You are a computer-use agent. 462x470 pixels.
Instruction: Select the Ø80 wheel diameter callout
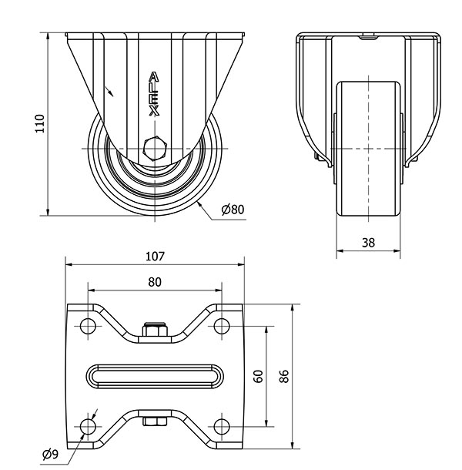[x=232, y=210]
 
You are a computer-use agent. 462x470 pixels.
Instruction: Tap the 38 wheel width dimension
[x=368, y=242]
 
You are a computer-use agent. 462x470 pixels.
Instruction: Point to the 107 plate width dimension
[x=155, y=257]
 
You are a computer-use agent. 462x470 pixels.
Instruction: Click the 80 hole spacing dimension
[x=155, y=283]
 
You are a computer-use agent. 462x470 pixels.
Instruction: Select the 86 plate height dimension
[x=284, y=375]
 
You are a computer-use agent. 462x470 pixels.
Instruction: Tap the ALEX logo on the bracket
[x=154, y=93]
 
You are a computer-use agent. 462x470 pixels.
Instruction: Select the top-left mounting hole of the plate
[x=88, y=324]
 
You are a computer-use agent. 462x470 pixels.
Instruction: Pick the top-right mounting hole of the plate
[x=222, y=324]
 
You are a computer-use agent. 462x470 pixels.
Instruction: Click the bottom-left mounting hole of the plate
[x=88, y=426]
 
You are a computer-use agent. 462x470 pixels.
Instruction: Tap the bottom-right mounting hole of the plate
[x=222, y=426]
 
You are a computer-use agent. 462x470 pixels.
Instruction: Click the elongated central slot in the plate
[x=155, y=375]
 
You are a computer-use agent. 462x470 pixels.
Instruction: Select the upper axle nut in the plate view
[x=155, y=331]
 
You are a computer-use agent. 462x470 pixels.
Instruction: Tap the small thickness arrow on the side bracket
[x=112, y=92]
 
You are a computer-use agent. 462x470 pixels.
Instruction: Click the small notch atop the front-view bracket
[x=369, y=35]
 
